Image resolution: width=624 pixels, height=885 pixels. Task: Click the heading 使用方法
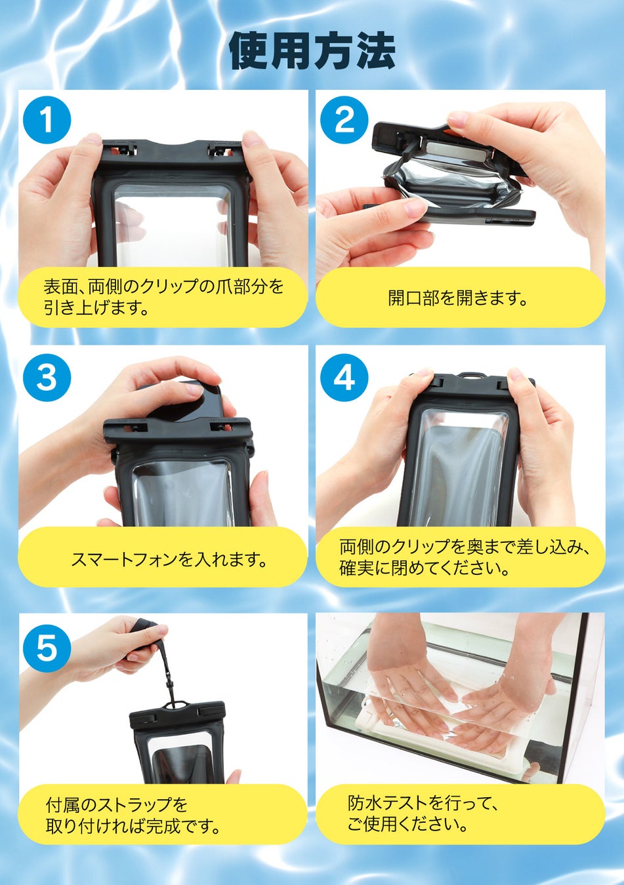click(312, 51)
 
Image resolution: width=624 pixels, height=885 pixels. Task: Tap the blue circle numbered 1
click(47, 120)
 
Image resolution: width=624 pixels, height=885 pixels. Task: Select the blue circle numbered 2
click(344, 120)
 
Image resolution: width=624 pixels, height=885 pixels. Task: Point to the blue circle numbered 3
click(47, 377)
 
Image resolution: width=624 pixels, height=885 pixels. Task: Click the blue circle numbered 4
click(344, 377)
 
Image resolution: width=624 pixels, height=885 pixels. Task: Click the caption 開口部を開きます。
click(458, 298)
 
